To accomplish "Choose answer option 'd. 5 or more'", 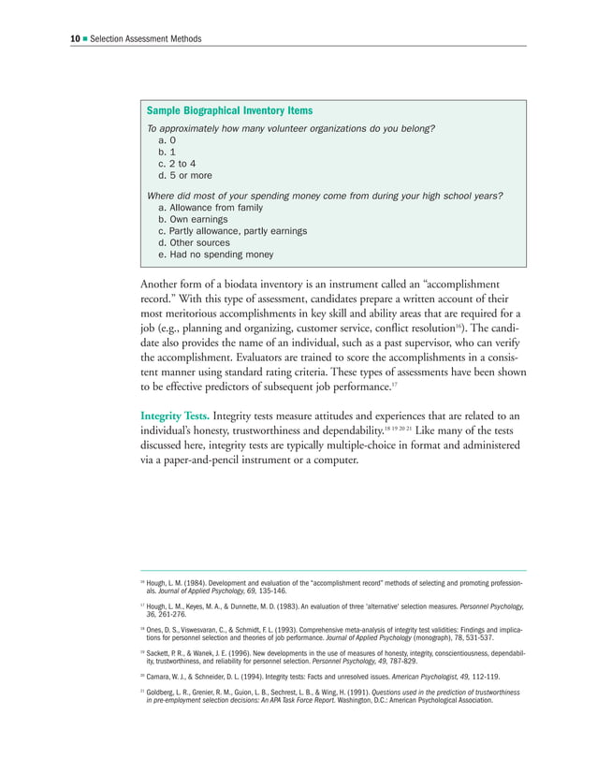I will [x=185, y=175].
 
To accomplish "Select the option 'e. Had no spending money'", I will [x=216, y=254].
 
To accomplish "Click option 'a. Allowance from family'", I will [x=211, y=208].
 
